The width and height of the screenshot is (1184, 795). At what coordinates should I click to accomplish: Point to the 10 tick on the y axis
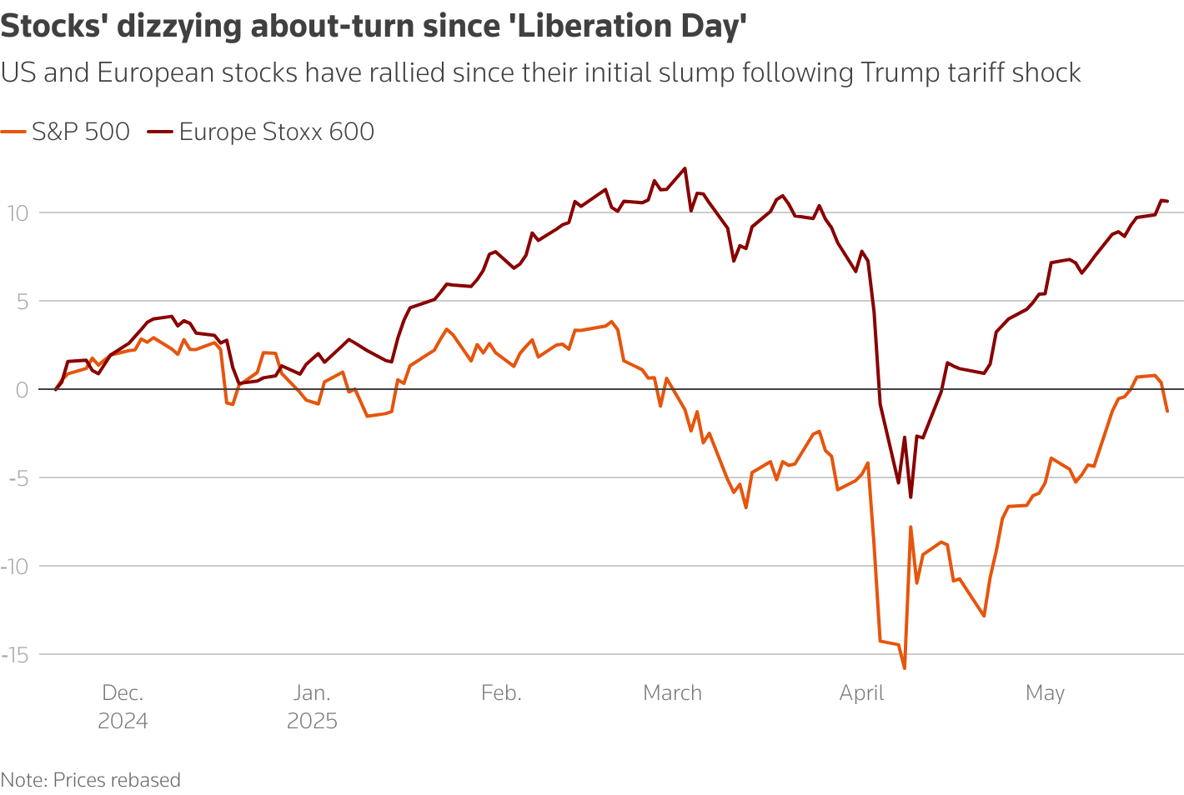pos(18,213)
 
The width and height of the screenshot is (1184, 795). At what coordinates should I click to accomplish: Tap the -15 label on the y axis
pos(15,655)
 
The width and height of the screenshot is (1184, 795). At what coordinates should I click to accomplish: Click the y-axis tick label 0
pos(23,390)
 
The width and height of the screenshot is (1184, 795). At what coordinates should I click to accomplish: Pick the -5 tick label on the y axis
pos(18,478)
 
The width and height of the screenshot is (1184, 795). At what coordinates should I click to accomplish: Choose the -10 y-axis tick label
pos(15,567)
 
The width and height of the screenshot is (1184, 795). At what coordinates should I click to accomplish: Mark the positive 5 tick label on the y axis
pos(23,302)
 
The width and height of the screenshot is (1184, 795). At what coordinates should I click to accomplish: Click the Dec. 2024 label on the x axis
pos(123,707)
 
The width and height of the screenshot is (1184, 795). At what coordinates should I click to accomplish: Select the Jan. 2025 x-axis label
pos(312,707)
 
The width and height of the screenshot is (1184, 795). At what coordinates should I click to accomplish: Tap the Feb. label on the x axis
pos(501,693)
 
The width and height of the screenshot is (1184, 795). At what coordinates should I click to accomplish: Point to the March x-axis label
pos(672,693)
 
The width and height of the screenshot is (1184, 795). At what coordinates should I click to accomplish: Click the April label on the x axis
pos(861,693)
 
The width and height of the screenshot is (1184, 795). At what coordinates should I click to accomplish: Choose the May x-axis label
pos(1045,693)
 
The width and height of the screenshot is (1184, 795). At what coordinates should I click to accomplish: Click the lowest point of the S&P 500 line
pos(905,668)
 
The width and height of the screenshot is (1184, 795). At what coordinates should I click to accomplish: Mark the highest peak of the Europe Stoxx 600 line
pos(685,167)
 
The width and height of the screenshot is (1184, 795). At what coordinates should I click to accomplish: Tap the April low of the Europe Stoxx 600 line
pos(911,497)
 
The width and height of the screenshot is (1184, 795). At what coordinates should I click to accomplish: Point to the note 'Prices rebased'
pos(117,780)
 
